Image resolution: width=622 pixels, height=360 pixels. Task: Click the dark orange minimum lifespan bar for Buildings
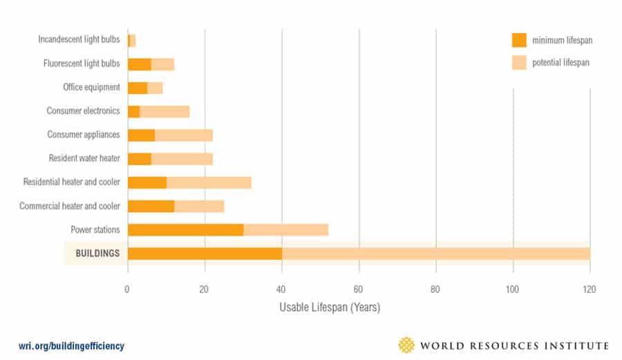(205, 254)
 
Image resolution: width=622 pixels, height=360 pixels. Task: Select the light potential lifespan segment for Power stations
(285, 230)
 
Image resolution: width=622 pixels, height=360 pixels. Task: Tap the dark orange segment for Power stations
(185, 230)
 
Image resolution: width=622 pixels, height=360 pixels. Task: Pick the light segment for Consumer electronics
(164, 111)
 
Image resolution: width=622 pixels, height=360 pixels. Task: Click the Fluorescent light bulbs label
(82, 64)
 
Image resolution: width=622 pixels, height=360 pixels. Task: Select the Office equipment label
(91, 88)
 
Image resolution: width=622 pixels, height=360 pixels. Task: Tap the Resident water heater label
(84, 158)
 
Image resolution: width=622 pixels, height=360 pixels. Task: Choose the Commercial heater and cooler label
(70, 206)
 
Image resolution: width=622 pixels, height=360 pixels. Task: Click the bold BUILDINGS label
(97, 254)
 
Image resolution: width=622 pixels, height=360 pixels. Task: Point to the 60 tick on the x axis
(359, 288)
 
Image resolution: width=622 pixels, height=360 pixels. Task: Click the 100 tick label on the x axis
(513, 288)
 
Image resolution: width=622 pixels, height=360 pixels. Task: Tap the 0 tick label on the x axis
(128, 288)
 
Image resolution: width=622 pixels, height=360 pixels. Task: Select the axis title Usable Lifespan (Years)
(330, 306)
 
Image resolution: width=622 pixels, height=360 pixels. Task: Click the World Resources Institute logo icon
(408, 345)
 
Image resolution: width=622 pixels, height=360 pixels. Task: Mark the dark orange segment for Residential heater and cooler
(147, 182)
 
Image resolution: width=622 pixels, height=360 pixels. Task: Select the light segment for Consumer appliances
(184, 135)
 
